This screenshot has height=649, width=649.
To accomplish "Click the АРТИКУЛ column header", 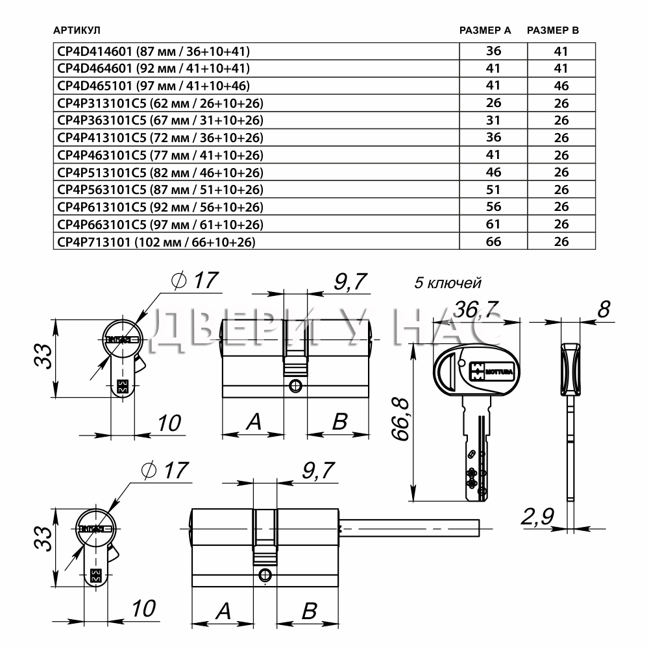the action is click(77, 31).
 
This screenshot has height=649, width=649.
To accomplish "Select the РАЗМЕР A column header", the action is click(485, 31).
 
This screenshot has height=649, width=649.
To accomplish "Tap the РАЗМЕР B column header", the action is click(552, 31).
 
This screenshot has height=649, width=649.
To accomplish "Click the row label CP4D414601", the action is click(95, 51).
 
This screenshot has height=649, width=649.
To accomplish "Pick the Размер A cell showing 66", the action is click(493, 241).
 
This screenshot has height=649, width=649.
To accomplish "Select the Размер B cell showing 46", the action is click(561, 86).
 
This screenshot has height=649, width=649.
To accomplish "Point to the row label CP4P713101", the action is click(94, 241).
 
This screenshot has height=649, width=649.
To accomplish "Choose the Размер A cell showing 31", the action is click(493, 120).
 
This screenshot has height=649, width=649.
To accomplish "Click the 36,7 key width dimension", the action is click(476, 309).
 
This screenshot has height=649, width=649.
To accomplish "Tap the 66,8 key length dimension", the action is click(400, 419).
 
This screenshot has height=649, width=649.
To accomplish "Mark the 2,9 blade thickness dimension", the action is click(537, 516).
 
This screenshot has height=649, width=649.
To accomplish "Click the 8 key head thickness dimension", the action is click(604, 309).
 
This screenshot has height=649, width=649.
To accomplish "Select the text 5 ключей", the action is click(448, 283).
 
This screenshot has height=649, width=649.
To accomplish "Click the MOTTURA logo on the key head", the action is click(491, 371).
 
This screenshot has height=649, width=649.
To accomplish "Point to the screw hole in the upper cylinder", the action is click(295, 386).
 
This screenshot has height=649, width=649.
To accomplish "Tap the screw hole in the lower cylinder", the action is click(264, 575).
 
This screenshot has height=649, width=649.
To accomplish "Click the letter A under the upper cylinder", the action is click(254, 421).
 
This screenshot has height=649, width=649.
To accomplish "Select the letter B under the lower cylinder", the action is click(309, 611).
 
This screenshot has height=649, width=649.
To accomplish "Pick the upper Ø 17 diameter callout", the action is click(195, 280).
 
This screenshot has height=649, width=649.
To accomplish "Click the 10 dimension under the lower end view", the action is click(143, 609).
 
